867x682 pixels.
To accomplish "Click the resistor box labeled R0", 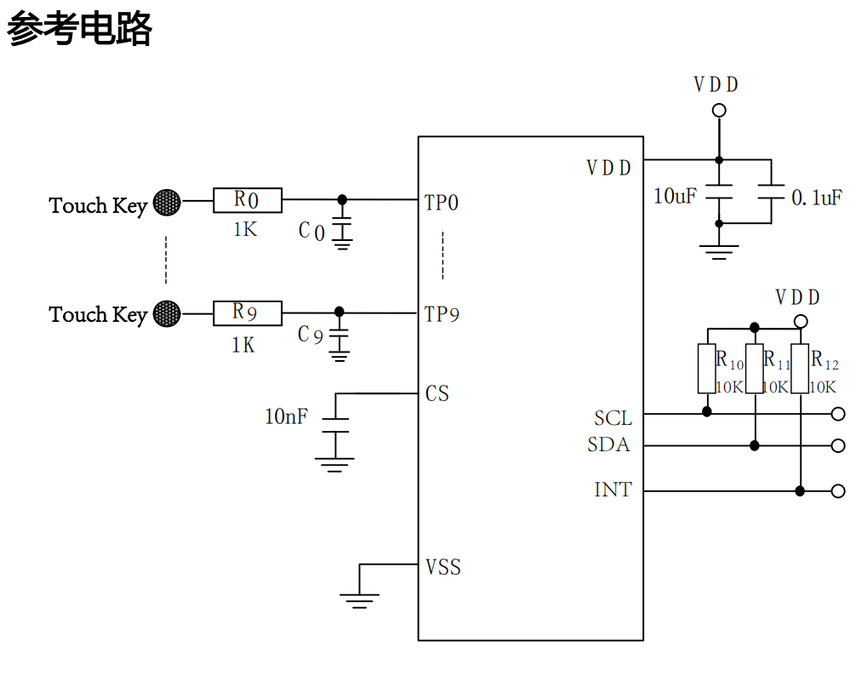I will (x=247, y=200).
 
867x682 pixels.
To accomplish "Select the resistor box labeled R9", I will (x=247, y=312).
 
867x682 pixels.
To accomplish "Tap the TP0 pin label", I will (x=442, y=203).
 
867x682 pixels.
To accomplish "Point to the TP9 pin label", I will (x=442, y=314).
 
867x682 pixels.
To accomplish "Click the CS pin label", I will (x=437, y=393).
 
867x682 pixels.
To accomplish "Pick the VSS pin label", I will (x=443, y=567).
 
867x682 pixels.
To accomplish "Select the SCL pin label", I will (x=613, y=418).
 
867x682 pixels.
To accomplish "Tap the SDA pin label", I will (x=608, y=444).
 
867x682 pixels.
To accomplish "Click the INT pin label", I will (x=613, y=490).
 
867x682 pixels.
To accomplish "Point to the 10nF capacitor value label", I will (x=286, y=417).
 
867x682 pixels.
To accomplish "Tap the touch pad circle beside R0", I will (x=167, y=202).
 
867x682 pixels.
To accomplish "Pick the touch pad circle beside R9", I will (x=167, y=313).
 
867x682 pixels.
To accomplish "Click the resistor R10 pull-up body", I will (x=706, y=369).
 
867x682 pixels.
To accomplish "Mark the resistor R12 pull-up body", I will (x=799, y=369).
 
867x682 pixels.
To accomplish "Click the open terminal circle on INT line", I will (x=838, y=490).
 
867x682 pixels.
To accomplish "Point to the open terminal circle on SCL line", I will (x=838, y=414).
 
